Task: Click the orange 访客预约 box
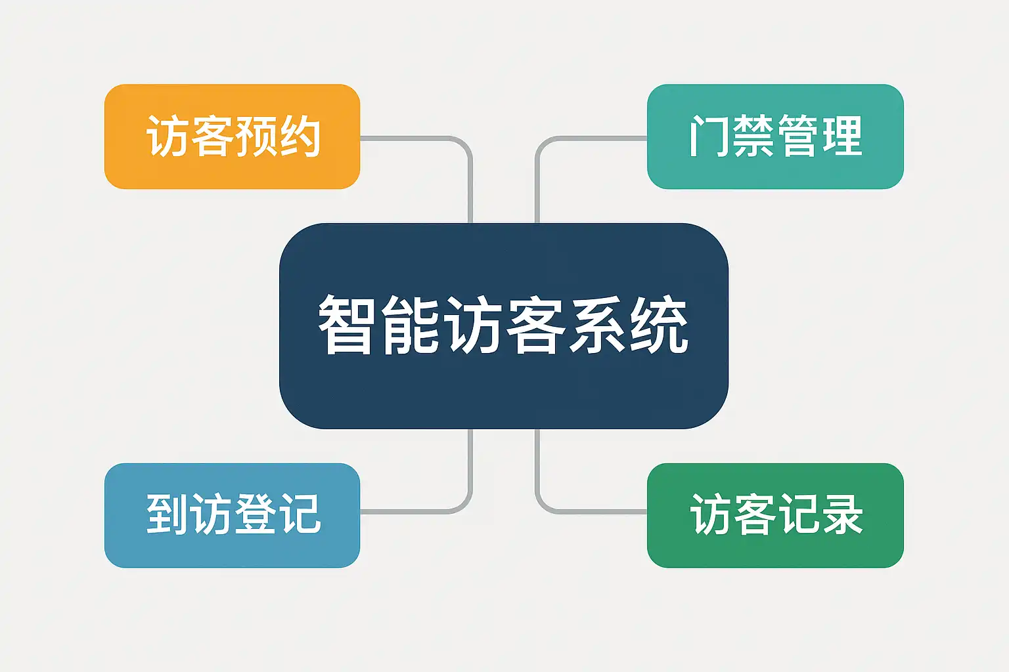click(232, 136)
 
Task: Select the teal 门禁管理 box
click(775, 136)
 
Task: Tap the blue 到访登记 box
click(232, 515)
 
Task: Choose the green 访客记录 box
click(775, 515)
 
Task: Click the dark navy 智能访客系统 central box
click(504, 326)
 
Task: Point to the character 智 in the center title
click(346, 325)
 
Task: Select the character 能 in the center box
click(410, 325)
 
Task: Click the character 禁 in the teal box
click(754, 136)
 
